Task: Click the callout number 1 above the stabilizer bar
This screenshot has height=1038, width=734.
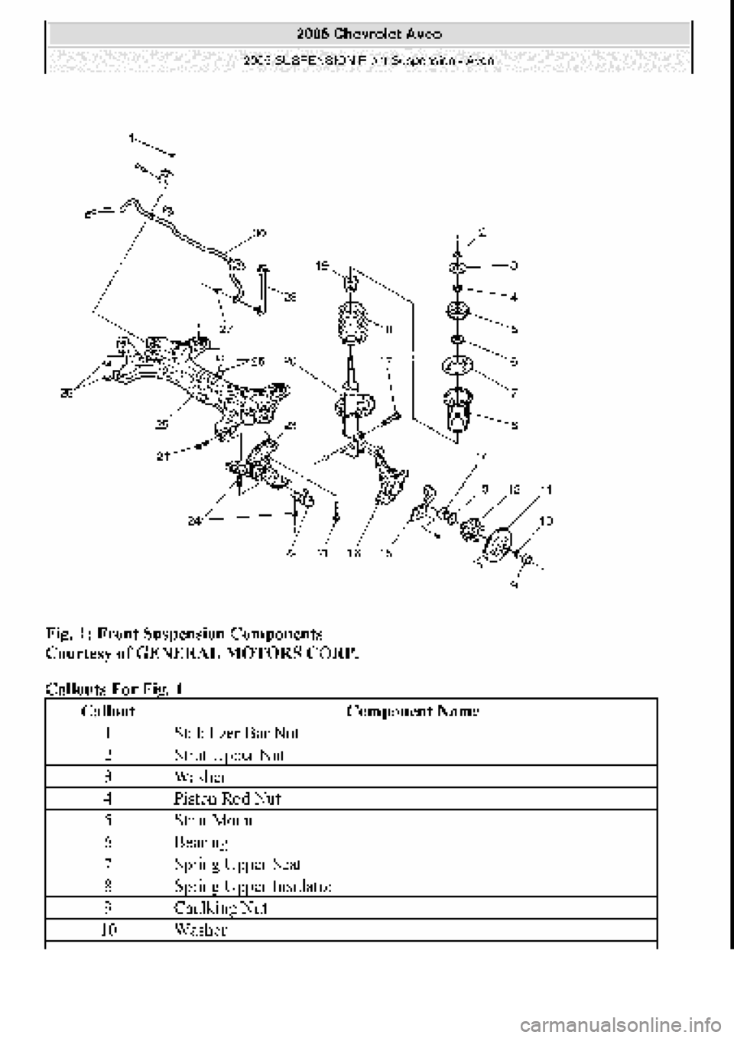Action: tap(132, 139)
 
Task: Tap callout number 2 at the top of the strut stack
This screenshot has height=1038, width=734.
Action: tap(482, 229)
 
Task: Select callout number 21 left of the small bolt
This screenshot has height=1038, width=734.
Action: tap(163, 457)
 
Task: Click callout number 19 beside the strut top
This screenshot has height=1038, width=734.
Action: tap(324, 266)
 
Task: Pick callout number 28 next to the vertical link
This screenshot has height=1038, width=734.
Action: tap(291, 295)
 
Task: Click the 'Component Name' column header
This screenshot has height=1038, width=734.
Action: tap(412, 711)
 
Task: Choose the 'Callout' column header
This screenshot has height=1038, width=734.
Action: tap(109, 711)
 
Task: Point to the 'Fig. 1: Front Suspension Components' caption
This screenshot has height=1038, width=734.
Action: tap(183, 634)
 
